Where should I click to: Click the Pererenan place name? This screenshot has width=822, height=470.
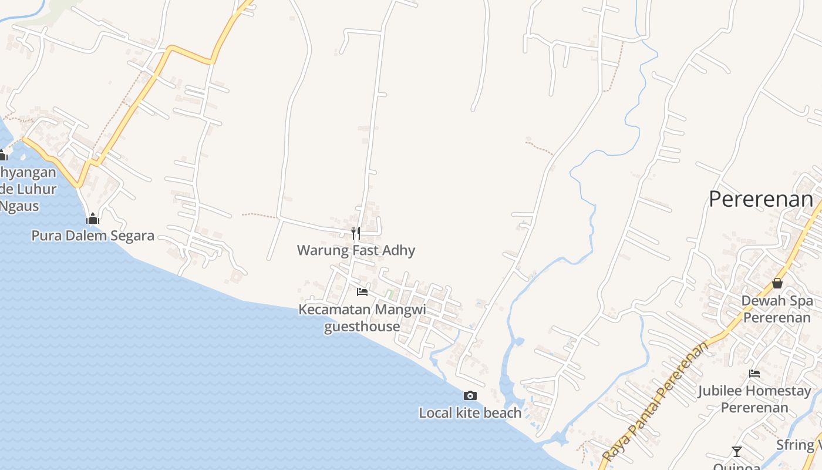coord(760,199)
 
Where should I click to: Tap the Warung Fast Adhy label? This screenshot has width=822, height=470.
coord(356,250)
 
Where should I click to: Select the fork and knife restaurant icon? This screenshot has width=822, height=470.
coord(356,233)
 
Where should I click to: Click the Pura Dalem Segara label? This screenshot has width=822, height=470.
coord(93,236)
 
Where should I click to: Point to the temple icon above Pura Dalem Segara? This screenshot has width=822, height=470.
coord(92,219)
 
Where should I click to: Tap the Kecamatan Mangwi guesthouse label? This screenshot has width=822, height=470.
coord(362,317)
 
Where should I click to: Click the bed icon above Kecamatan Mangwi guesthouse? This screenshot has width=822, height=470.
coord(362,291)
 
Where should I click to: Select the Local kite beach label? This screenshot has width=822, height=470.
coord(470,413)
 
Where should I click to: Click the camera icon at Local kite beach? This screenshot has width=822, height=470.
coord(470,396)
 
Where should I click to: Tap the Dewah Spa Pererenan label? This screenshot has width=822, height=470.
coord(777,309)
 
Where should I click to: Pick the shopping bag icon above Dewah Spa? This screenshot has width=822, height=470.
coord(777,283)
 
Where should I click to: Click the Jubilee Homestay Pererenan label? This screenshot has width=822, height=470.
coord(754,399)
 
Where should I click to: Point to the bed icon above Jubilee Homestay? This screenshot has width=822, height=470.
coord(754,373)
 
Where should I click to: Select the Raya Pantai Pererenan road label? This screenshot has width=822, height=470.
coord(656,401)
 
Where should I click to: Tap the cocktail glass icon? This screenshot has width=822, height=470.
coord(736,452)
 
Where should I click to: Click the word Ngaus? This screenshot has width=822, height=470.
coord(19,206)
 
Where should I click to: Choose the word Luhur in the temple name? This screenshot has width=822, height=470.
coord(37,189)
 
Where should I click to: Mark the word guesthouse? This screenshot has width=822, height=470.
coord(362,327)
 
